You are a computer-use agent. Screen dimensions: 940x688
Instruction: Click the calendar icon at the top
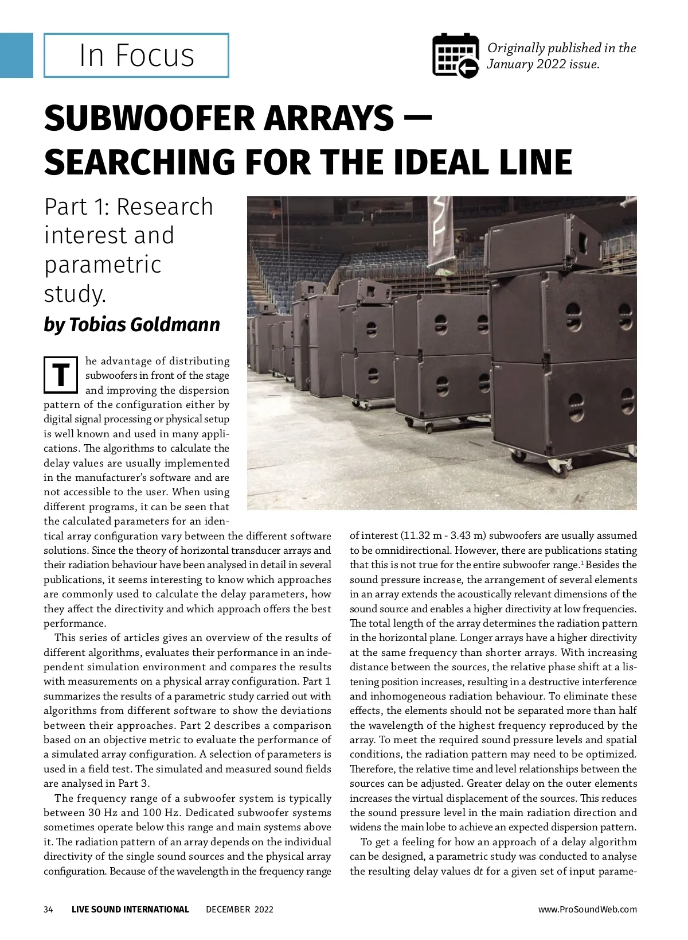pos(455,55)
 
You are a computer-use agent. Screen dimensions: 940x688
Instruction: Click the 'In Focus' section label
pos(136,55)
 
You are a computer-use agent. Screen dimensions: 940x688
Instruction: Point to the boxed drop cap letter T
pos(61,375)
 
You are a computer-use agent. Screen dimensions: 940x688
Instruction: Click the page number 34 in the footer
pos(49,909)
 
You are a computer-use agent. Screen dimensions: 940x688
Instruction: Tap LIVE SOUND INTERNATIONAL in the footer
pos(130,909)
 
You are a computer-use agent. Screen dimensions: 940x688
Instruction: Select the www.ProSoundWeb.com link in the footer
pos(587,909)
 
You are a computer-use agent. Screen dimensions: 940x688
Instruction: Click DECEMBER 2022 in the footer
pos(240,909)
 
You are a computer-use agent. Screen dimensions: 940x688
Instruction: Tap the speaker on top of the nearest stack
pos(542,247)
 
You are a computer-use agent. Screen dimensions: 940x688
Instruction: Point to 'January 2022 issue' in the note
pos(542,64)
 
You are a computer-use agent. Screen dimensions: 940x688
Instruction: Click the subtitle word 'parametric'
pos(103,265)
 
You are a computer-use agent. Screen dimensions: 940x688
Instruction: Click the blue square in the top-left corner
pos(16,55)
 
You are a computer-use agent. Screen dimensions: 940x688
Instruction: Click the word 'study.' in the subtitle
pos(75,294)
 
